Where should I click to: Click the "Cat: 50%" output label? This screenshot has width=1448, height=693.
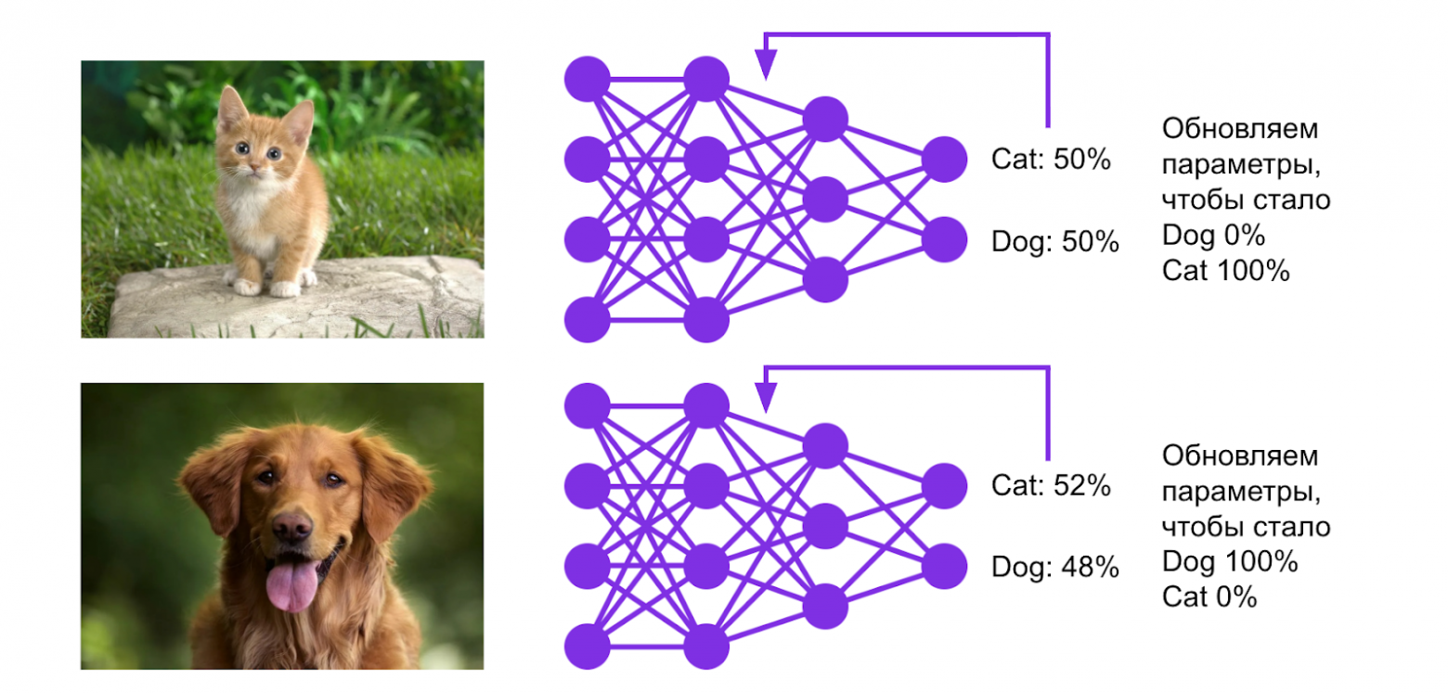1051,160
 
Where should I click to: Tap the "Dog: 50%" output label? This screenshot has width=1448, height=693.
1055,241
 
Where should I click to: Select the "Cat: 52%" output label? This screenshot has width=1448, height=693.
1051,485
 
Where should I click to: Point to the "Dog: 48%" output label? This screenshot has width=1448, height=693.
1055,567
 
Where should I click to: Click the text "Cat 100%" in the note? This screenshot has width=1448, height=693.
1225,272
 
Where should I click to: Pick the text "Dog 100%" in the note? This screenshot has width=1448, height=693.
1229,562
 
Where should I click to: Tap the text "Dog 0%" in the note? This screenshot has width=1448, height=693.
1212,236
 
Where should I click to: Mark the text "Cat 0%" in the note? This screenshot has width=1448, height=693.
1209,597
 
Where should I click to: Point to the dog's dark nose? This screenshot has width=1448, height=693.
291,527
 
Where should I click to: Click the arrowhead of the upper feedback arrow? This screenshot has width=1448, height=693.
765,67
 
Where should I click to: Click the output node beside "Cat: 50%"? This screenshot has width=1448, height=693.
945,159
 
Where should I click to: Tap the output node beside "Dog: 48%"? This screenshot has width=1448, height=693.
945,566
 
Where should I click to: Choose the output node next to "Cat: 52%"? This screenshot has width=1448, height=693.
945,485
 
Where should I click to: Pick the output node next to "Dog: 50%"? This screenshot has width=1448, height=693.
945,239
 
